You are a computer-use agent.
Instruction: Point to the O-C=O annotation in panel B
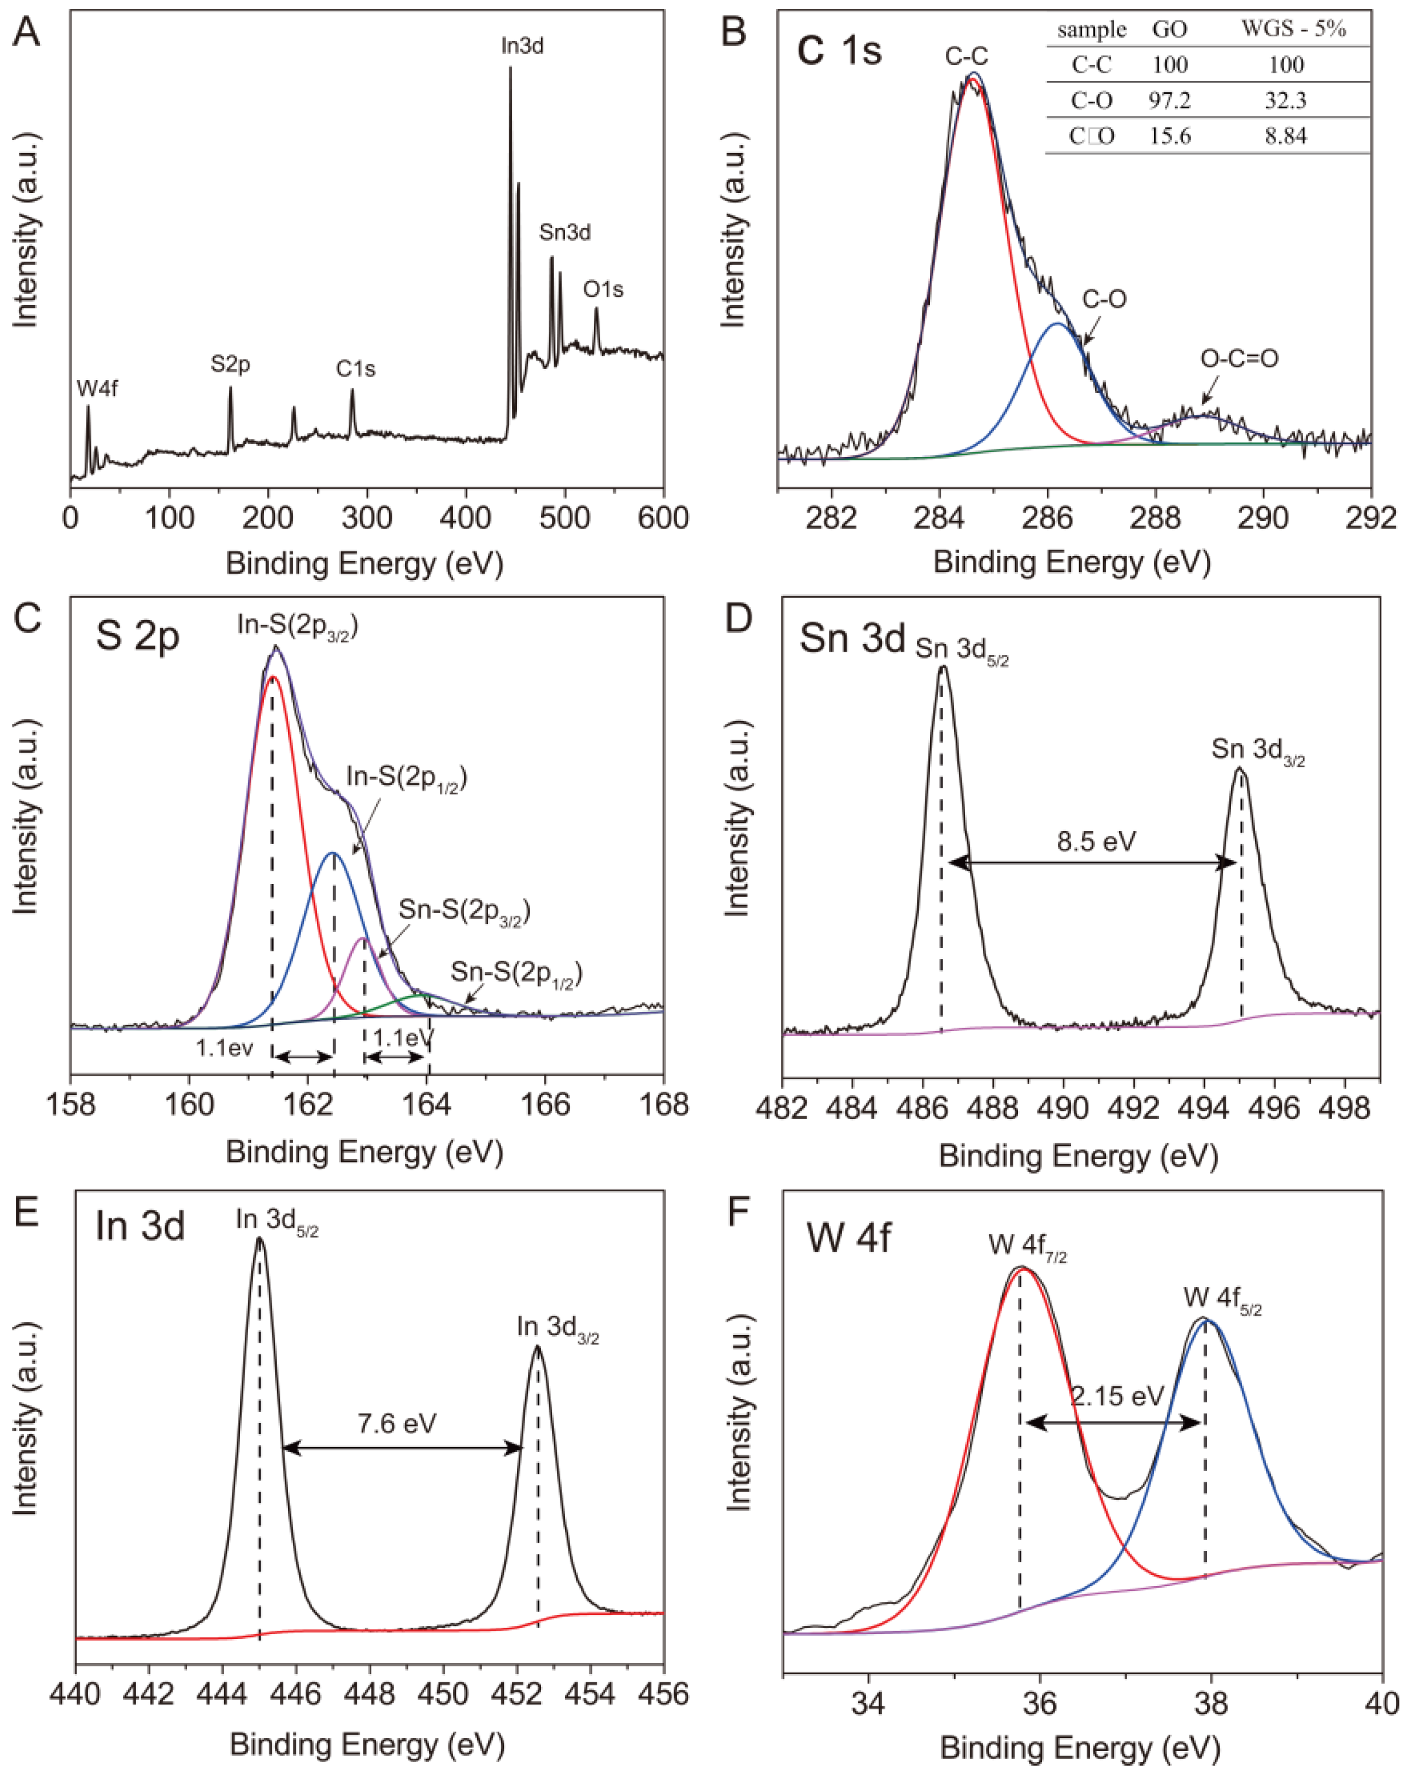pos(1239,358)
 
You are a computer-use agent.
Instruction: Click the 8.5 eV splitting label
pos(1097,841)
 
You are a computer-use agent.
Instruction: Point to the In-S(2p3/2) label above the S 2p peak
pos(297,626)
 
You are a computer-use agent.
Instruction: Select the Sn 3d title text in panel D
pos(851,639)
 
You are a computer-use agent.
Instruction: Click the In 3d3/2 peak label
pos(557,1328)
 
